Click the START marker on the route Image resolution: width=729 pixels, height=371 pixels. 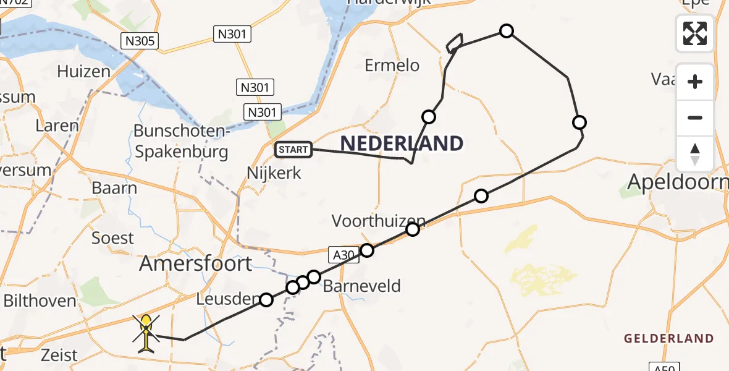tap(293, 149)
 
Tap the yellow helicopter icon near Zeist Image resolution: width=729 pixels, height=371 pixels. tap(146, 333)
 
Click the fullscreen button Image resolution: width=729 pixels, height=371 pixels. tap(695, 33)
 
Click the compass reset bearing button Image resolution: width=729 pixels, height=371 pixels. tap(695, 154)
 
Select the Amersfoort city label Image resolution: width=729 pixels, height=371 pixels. tap(196, 263)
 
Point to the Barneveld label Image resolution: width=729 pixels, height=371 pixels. tap(362, 286)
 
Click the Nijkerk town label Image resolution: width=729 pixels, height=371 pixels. tap(274, 173)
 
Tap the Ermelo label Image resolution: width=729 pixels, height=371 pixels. tap(392, 65)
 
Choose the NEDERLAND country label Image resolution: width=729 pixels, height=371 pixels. tap(402, 144)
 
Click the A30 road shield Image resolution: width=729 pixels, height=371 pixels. tap(342, 255)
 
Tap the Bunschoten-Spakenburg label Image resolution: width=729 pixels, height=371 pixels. tap(181, 142)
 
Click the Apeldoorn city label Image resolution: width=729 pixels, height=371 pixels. tap(676, 182)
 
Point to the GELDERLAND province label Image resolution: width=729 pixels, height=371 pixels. tap(668, 338)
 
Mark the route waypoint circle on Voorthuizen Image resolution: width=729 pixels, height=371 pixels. tap(413, 229)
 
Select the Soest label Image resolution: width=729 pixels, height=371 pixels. tap(112, 237)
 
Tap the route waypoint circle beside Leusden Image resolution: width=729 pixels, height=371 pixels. tap(266, 300)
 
